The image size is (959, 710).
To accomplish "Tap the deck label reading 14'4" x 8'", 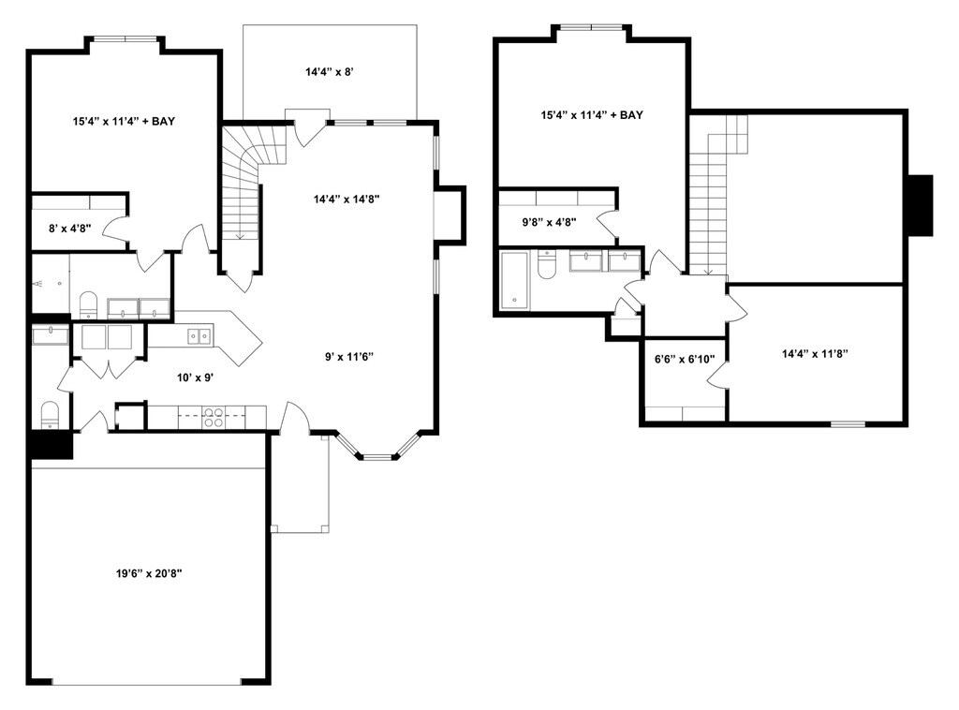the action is pos(330,71).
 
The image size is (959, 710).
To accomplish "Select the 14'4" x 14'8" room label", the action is pos(346,199).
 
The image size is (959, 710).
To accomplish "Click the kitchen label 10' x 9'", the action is pos(197,377).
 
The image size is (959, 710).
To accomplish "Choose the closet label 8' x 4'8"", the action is pos(69,226).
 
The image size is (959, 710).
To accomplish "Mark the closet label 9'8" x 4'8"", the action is pos(549,222).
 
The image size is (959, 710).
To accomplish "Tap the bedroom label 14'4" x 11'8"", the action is pos(815,354).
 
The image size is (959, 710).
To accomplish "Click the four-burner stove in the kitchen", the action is pos(214,417).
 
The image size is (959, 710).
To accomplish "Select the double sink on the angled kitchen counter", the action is pos(198,334).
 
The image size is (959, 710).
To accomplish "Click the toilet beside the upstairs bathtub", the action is pos(548,264).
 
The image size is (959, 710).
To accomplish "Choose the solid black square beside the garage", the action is pos(52,444).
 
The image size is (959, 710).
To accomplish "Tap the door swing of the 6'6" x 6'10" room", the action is pos(717,375).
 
